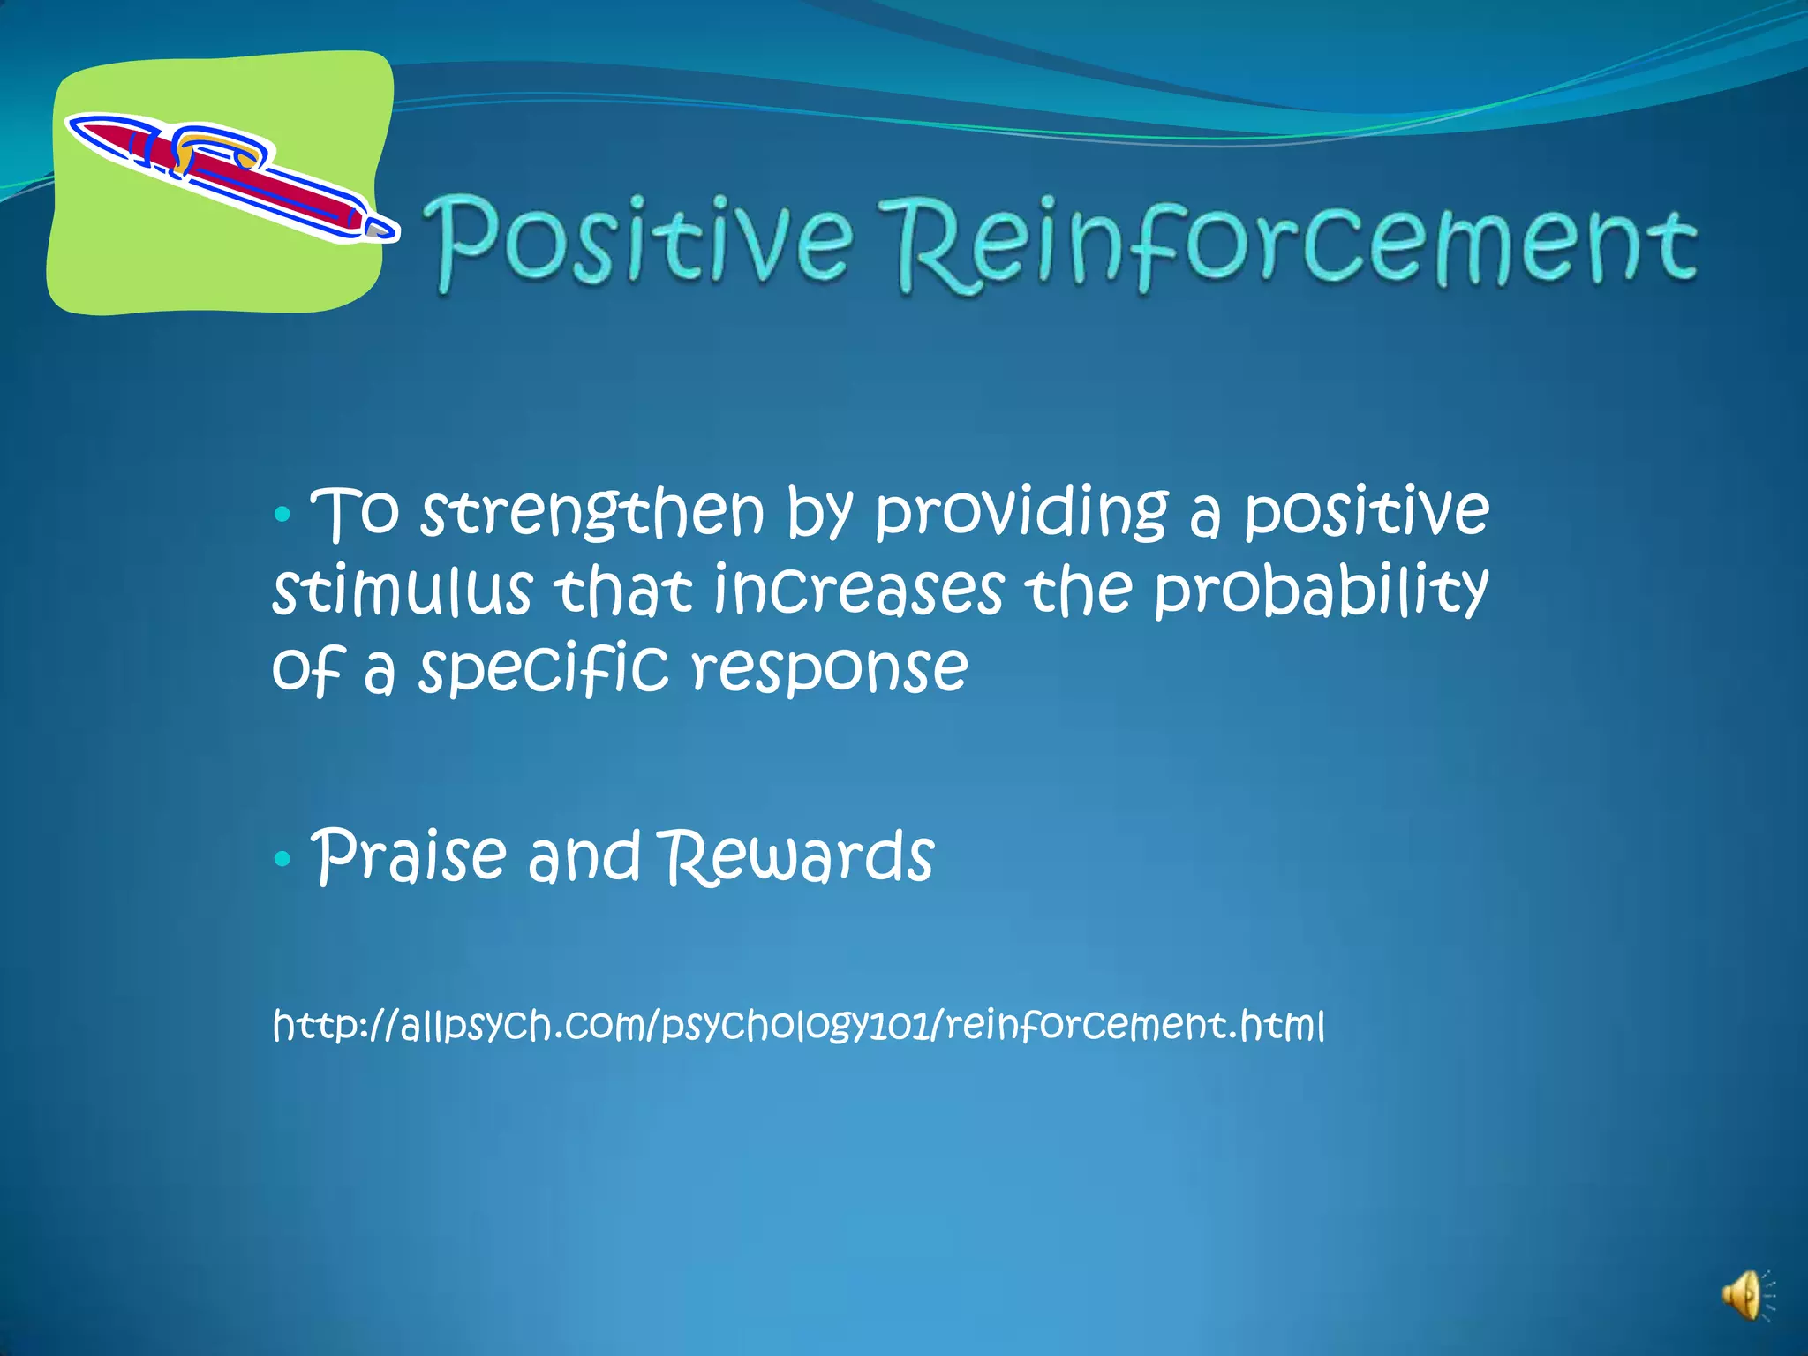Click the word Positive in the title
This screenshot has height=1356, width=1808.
pos(643,240)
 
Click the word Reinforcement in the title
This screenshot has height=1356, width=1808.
pos(1296,245)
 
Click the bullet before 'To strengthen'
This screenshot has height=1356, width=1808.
pos(282,514)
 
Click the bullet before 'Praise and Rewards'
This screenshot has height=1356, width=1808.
pos(282,857)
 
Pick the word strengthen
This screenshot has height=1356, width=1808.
pos(591,514)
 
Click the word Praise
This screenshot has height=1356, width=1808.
pos(411,857)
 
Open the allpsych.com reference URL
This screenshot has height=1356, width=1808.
pos(798,1026)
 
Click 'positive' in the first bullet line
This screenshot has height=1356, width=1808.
pos(1366,514)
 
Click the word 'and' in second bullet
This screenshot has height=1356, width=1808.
pos(584,857)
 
